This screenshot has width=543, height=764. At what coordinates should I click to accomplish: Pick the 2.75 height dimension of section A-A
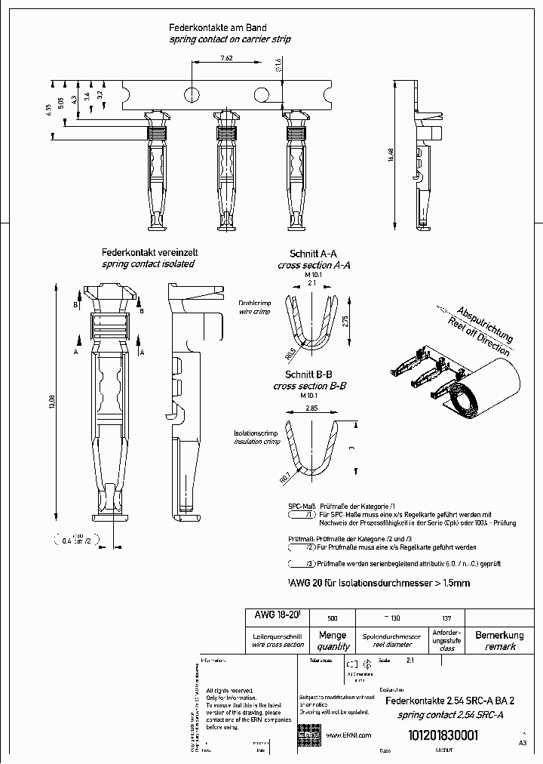[x=345, y=321]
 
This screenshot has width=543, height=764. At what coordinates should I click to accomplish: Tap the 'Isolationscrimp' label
[x=256, y=435]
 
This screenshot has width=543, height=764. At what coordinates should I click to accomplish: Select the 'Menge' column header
[x=333, y=636]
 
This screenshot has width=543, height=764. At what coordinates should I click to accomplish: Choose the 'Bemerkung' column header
[x=499, y=636]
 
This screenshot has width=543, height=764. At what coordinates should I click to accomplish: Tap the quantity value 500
[x=333, y=617]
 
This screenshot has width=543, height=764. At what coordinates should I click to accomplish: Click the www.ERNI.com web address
[x=348, y=735]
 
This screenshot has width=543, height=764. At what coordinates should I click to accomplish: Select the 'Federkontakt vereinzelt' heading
[x=149, y=253]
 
